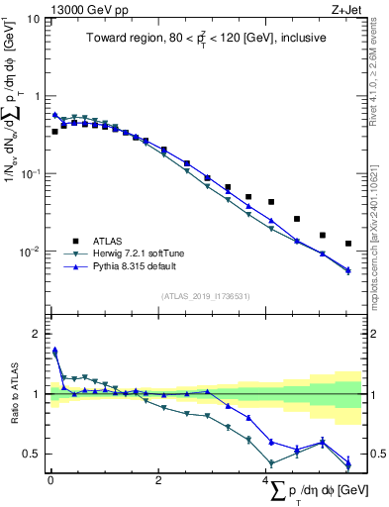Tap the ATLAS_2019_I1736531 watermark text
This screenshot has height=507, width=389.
tap(204, 296)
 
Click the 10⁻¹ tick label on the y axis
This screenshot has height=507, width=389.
tap(30, 174)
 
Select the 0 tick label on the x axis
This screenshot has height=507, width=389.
tap(50, 481)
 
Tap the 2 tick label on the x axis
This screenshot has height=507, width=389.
tap(158, 481)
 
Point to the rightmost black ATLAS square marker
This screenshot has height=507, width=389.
tap(348, 244)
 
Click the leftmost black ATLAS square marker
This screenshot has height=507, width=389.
tap(55, 131)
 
